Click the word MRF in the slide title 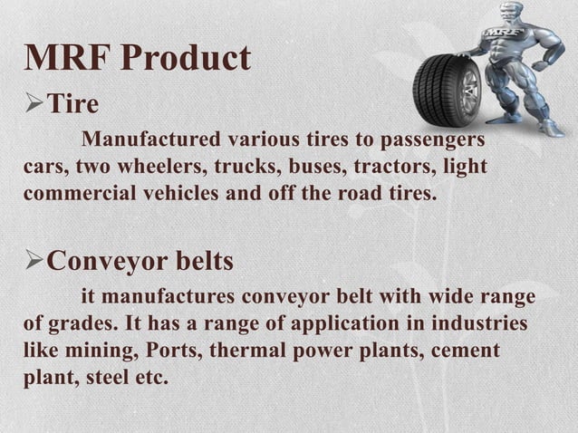click(68, 58)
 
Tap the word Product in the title click(186, 58)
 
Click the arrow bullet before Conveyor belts click(34, 262)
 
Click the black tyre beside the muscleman click(447, 87)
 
